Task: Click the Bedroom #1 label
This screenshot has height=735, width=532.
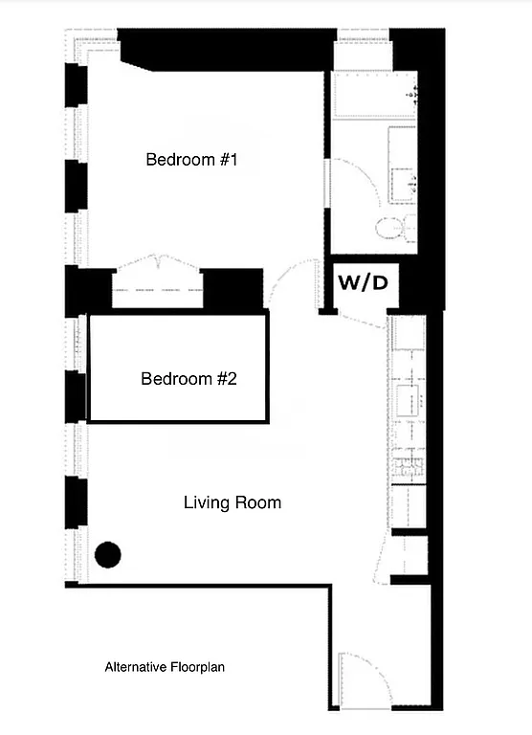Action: coord(190,160)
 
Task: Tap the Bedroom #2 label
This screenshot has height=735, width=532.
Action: coord(188,379)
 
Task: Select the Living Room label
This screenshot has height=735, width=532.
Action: coord(232,501)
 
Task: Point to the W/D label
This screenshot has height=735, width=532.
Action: coord(362,283)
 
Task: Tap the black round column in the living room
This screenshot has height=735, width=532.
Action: coord(108,554)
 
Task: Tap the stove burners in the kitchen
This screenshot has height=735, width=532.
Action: coord(407,469)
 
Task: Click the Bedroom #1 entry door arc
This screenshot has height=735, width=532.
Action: coord(289,282)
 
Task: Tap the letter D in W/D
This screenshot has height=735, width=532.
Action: coord(378,283)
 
